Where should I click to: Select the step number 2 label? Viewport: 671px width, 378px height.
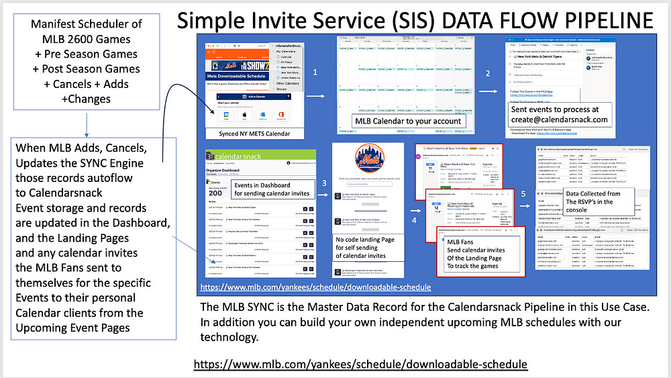click(488, 73)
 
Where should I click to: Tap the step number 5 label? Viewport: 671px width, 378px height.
click(524, 194)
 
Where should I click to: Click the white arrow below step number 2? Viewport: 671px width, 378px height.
click(488, 93)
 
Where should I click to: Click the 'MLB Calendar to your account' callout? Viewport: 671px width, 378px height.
click(407, 121)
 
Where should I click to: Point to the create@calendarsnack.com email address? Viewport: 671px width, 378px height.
click(558, 120)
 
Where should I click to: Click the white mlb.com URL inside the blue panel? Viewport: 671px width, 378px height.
click(315, 287)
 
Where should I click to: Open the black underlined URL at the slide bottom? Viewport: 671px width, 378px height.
click(360, 363)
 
